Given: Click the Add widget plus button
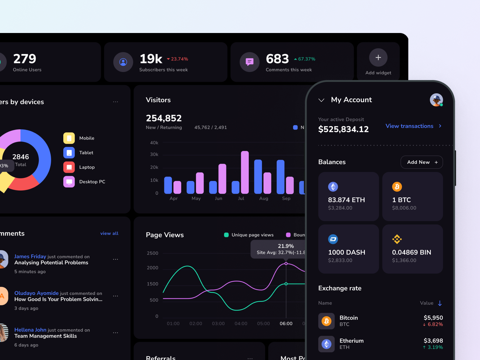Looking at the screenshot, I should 378,57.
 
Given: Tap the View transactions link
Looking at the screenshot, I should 409,126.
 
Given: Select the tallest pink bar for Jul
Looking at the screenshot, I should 245,172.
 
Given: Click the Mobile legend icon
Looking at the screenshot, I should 69,138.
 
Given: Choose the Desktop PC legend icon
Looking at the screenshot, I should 69,181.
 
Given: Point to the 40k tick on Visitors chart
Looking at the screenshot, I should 154,143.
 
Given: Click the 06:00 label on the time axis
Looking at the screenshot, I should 286,323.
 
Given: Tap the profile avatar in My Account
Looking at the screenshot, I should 436,100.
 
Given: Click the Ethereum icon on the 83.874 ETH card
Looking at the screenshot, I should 333,187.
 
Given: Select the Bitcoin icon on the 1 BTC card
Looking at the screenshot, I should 397,187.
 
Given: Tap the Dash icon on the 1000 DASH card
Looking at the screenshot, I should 333,239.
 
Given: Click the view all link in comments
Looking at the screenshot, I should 109,233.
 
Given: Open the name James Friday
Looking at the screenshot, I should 30,256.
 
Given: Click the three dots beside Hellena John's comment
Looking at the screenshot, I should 115,333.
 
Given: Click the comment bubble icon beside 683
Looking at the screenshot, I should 249,62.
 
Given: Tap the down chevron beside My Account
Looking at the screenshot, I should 321,100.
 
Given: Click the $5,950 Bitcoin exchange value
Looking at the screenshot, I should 433,318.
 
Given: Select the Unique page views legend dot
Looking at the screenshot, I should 226,235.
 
